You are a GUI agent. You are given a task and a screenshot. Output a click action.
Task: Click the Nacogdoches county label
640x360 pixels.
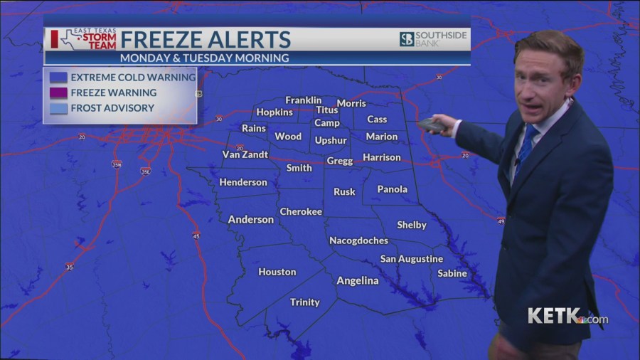click(x=358, y=240)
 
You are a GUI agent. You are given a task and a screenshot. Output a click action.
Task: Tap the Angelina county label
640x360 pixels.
click(x=357, y=280)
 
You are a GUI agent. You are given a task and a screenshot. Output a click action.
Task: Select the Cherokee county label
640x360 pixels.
click(x=301, y=211)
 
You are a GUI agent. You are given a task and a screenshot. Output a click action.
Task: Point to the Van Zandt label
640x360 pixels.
click(x=245, y=154)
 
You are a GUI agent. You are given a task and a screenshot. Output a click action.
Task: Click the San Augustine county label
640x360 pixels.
click(x=411, y=259)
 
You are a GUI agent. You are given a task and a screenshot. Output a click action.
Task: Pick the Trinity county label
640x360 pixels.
click(x=304, y=302)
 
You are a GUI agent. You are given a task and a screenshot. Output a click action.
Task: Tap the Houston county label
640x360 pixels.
click(x=277, y=272)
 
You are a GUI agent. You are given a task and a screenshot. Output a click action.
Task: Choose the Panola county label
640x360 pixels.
click(x=392, y=189)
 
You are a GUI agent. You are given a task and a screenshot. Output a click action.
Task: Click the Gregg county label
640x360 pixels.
click(x=339, y=162)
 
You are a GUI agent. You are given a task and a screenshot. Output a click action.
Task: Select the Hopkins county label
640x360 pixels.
click(x=274, y=112)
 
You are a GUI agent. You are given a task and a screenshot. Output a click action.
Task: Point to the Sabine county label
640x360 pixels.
click(x=452, y=273)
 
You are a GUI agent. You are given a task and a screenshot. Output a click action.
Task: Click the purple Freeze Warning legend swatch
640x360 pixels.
click(x=58, y=92)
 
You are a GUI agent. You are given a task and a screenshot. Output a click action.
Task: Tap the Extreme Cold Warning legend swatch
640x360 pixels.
click(x=58, y=77)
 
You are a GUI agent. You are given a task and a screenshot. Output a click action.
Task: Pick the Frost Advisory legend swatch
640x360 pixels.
click(x=58, y=108)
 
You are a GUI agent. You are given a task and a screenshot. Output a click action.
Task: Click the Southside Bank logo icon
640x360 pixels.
click(x=406, y=39)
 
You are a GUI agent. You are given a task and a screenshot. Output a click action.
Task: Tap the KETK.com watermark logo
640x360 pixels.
click(x=567, y=316)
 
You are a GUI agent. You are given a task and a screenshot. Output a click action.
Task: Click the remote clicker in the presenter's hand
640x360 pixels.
click(x=432, y=125)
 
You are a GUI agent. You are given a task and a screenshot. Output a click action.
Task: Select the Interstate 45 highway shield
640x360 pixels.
click(x=196, y=235)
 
